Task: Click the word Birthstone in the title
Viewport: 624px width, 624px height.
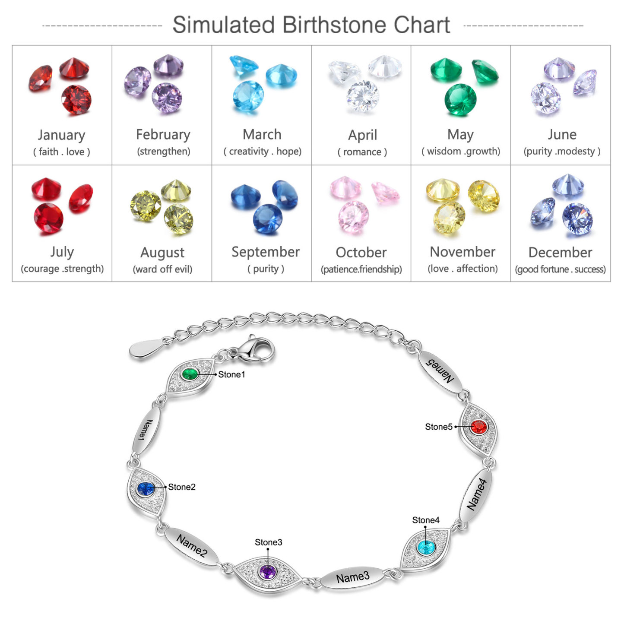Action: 335,25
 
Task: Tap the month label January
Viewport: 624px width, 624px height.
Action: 61,135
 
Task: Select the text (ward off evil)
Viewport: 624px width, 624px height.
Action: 162,269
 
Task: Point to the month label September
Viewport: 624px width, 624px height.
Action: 266,252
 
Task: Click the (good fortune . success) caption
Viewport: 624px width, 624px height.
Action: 560,269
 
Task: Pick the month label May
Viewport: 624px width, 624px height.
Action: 460,135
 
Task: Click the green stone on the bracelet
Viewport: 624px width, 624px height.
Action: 190,374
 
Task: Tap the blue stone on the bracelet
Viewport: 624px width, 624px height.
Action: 146,489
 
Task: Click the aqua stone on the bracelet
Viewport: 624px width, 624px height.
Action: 425,548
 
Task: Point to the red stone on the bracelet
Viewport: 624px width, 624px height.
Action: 478,427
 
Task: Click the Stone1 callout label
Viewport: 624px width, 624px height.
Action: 231,375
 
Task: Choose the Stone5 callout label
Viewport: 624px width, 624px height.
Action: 438,427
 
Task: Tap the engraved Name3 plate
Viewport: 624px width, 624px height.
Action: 352,577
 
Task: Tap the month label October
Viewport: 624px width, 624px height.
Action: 361,253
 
